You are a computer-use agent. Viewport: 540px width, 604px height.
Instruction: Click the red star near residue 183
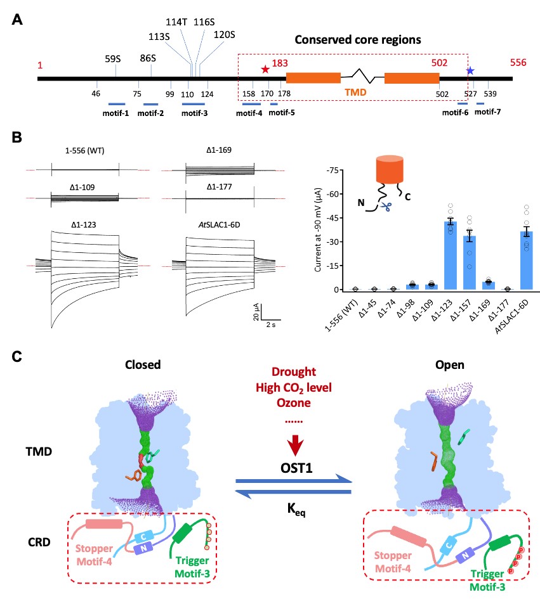click(265, 68)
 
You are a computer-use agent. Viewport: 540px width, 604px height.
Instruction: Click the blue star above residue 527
click(470, 70)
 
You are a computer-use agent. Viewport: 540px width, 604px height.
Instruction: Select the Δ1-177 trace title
click(220, 188)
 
